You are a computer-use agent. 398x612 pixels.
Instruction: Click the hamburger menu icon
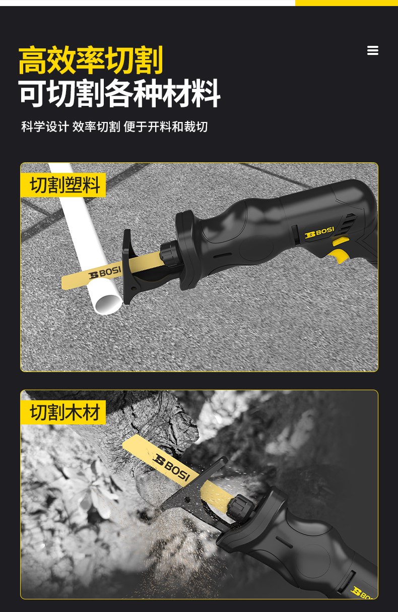[x=373, y=50]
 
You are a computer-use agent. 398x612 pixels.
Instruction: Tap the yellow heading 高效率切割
[x=91, y=60]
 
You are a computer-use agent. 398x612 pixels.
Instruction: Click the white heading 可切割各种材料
[x=119, y=93]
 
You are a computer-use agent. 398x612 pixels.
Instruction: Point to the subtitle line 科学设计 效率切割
[x=71, y=127]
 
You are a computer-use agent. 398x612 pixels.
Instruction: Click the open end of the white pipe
[x=108, y=304]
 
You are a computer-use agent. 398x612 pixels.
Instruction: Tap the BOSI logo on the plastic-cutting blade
[x=105, y=273]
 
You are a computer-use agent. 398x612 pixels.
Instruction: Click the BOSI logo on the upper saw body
[x=319, y=232]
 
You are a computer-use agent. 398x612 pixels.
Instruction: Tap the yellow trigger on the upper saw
[x=339, y=256]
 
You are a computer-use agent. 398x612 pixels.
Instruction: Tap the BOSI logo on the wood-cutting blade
[x=171, y=467]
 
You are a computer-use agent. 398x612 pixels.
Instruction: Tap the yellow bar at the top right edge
[x=347, y=3]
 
